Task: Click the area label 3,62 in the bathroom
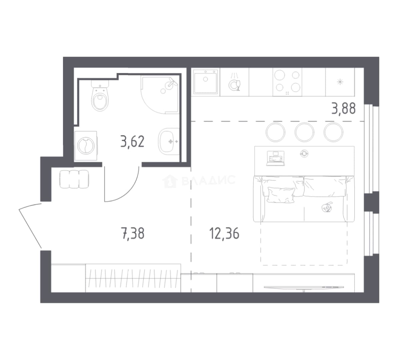click(x=132, y=142)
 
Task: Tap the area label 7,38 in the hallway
click(x=133, y=233)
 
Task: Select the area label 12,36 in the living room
click(x=224, y=233)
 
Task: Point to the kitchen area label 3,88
click(x=343, y=109)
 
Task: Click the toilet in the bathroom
click(x=100, y=96)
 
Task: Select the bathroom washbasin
click(x=169, y=141)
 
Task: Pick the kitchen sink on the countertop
click(x=206, y=82)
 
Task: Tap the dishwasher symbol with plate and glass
click(x=235, y=82)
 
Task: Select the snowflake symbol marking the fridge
click(x=340, y=82)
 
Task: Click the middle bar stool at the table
click(x=304, y=132)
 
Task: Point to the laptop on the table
click(x=275, y=158)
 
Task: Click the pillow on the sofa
click(x=281, y=195)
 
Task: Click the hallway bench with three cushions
click(x=74, y=179)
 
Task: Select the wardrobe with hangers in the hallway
click(x=133, y=278)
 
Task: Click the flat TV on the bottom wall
click(x=304, y=287)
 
